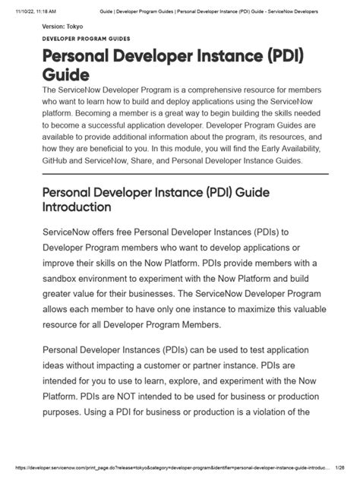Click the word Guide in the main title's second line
pos(66,75)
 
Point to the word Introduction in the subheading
pos(77,206)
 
